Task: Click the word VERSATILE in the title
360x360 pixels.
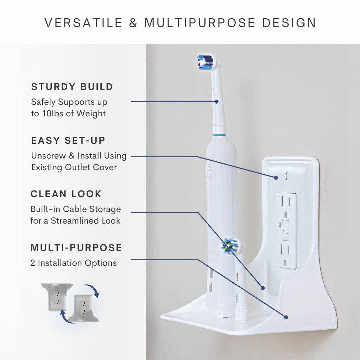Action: (83, 23)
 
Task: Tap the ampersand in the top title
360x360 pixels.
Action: (133, 23)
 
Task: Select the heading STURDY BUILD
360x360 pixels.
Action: (72, 87)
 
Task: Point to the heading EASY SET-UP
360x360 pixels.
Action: (68, 141)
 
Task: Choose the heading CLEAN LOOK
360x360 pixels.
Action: (66, 194)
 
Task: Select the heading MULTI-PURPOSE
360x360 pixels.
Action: (76, 247)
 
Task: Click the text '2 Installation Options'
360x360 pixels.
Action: (74, 263)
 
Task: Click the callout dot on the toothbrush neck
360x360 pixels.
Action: (216, 102)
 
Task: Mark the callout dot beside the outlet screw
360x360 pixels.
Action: (276, 178)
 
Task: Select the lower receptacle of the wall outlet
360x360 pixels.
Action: (288, 251)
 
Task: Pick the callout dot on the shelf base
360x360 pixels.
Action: (286, 317)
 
